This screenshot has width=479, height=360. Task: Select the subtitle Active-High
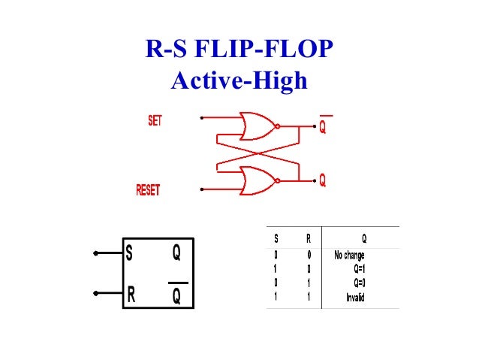coord(239,80)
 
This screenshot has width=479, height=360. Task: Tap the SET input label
coord(155,119)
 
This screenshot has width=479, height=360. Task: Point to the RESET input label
coord(148,191)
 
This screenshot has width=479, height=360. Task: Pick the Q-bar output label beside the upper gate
coord(322,128)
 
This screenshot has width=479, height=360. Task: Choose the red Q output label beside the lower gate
coord(322,181)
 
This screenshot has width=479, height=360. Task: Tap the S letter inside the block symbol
coord(130,254)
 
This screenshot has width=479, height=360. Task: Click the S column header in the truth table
coord(276,239)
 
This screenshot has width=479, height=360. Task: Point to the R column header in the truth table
coord(308,239)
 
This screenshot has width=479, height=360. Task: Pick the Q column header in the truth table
coord(364,239)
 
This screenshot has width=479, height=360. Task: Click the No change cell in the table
coord(349,256)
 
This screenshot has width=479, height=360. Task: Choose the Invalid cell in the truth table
coord(355,298)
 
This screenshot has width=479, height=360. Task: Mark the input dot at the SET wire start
coord(201,118)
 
